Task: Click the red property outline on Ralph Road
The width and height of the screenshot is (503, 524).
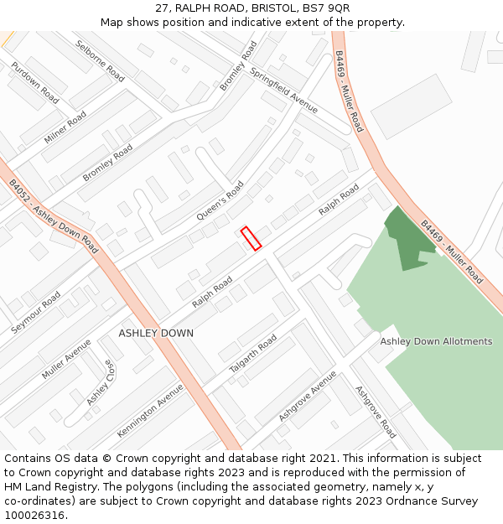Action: [251, 238]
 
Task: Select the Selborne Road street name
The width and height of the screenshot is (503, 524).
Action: [100, 61]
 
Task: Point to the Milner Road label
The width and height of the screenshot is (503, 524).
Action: [65, 127]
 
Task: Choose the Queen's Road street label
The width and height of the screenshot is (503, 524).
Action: [220, 201]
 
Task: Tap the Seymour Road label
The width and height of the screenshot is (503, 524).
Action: [36, 313]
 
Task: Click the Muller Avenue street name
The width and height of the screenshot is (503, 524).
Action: [66, 359]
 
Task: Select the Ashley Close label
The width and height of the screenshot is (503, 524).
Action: [99, 383]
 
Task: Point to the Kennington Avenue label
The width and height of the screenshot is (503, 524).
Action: [150, 410]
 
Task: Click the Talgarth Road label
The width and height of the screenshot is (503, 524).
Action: [253, 355]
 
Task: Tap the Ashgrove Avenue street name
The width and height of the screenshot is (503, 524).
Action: [308, 395]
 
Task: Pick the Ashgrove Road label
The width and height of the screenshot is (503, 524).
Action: [375, 412]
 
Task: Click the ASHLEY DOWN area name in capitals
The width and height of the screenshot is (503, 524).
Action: [156, 334]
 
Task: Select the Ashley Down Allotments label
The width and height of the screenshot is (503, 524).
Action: [436, 341]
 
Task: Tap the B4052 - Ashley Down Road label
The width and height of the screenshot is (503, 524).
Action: [52, 216]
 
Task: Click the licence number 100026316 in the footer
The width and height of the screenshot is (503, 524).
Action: [35, 515]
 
